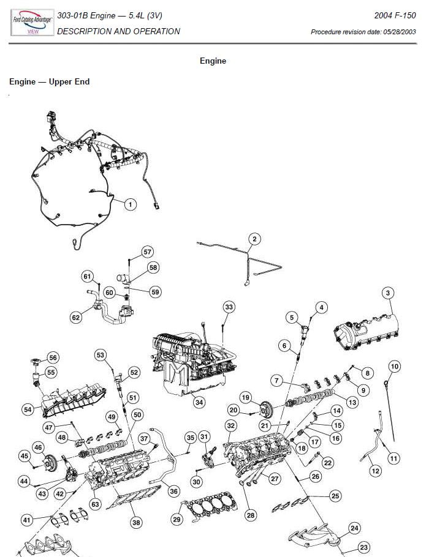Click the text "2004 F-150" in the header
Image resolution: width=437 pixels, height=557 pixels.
point(395,15)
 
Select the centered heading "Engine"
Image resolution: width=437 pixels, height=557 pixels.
point(213,61)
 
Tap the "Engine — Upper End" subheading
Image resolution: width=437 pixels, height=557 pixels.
point(50,81)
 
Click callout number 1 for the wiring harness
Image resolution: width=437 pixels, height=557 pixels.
point(130,204)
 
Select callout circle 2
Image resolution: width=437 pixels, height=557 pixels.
point(254,239)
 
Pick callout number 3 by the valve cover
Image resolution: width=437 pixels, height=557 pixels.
point(387,293)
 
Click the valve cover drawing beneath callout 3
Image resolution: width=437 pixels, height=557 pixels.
point(365,331)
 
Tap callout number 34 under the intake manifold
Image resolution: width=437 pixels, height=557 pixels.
point(199,402)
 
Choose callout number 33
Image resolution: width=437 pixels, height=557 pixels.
point(229,306)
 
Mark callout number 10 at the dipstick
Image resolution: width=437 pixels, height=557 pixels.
point(394,367)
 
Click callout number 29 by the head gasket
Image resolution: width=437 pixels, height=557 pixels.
point(177,520)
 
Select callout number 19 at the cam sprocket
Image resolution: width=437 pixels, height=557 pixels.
point(246,398)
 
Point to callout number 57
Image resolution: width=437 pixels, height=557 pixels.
point(147,252)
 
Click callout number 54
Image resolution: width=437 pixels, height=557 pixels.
point(28,409)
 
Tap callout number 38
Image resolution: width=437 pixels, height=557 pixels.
point(136,522)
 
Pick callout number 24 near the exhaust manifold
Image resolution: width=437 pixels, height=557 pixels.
point(354,528)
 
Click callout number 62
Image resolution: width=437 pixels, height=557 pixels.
point(76,317)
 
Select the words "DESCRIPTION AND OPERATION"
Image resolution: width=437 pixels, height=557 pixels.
point(118,31)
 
